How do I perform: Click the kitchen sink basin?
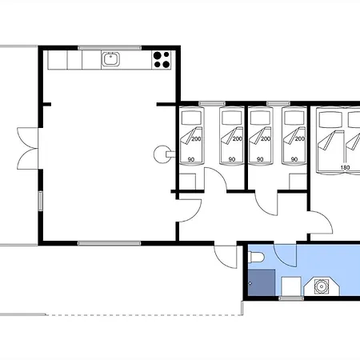pos(110,59)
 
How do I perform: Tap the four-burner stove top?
pos(162,60)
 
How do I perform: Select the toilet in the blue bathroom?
pos(256,258)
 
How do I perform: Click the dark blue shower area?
pos(262,282)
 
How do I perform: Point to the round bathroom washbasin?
pos(322,286)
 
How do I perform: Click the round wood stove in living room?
pos(164,154)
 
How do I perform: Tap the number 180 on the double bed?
pos(345,168)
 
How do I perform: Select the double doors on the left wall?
pos(28,148)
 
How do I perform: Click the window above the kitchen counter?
pos(110,48)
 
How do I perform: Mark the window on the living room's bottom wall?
pos(110,243)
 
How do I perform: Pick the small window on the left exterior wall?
pos(41,201)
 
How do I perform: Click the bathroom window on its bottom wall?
pos(291,298)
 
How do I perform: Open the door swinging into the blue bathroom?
pos(286,255)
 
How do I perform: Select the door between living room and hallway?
pos(190,210)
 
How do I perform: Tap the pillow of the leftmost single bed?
pos(191,118)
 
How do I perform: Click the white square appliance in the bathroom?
pos(291,286)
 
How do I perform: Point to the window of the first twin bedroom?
pos(212,103)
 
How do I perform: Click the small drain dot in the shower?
pos(250,283)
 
